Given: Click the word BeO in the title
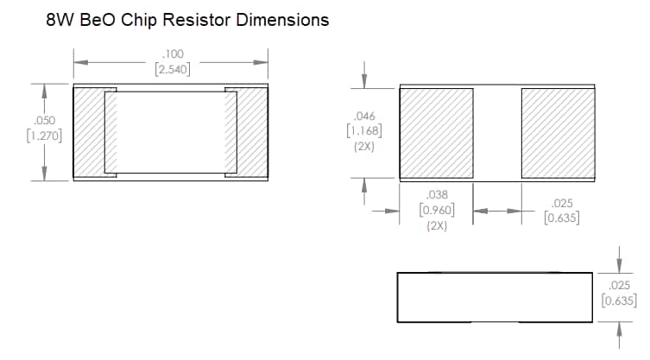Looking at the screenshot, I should tap(100, 20).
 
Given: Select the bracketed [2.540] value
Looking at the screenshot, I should tap(172, 69).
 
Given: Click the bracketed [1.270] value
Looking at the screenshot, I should tap(42, 136).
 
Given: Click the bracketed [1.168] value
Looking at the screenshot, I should tap(363, 131).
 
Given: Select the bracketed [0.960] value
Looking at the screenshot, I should tap(438, 210).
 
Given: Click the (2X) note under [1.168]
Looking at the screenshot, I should tap(363, 147).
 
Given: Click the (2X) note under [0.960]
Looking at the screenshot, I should tap(438, 225).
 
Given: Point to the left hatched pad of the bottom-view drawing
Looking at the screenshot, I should tap(436, 132).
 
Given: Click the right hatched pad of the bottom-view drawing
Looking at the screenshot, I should tap(558, 132).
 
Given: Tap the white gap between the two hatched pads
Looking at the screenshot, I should tap(496, 132).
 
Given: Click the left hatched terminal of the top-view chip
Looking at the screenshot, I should tap(89, 132).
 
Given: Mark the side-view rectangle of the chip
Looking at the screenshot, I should tap(495, 296).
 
